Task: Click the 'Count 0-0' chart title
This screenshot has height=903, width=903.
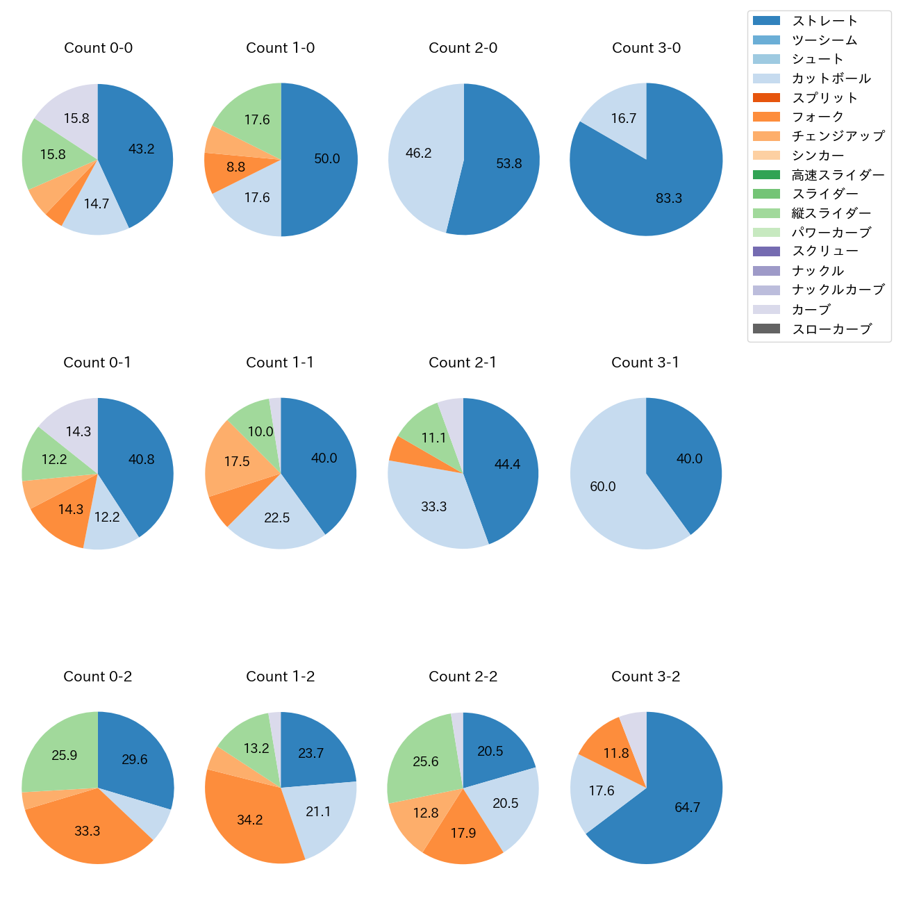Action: pyautogui.click(x=98, y=48)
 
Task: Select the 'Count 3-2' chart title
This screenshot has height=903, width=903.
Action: pyautogui.click(x=645, y=677)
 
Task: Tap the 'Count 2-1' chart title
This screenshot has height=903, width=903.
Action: pyautogui.click(x=463, y=363)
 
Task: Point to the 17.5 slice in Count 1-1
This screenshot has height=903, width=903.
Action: pyautogui.click(x=236, y=462)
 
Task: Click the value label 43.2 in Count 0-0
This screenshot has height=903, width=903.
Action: pyautogui.click(x=142, y=149)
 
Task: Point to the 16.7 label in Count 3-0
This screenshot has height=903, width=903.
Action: pyautogui.click(x=624, y=119)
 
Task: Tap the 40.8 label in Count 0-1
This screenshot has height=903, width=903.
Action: pyautogui.click(x=142, y=459)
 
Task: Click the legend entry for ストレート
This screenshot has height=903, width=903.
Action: pyautogui.click(x=825, y=21)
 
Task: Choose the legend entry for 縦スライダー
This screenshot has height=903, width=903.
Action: pyautogui.click(x=831, y=213)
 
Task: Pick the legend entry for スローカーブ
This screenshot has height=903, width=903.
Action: pyautogui.click(x=831, y=329)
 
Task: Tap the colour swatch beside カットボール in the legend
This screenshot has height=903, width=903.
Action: pyautogui.click(x=766, y=78)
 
